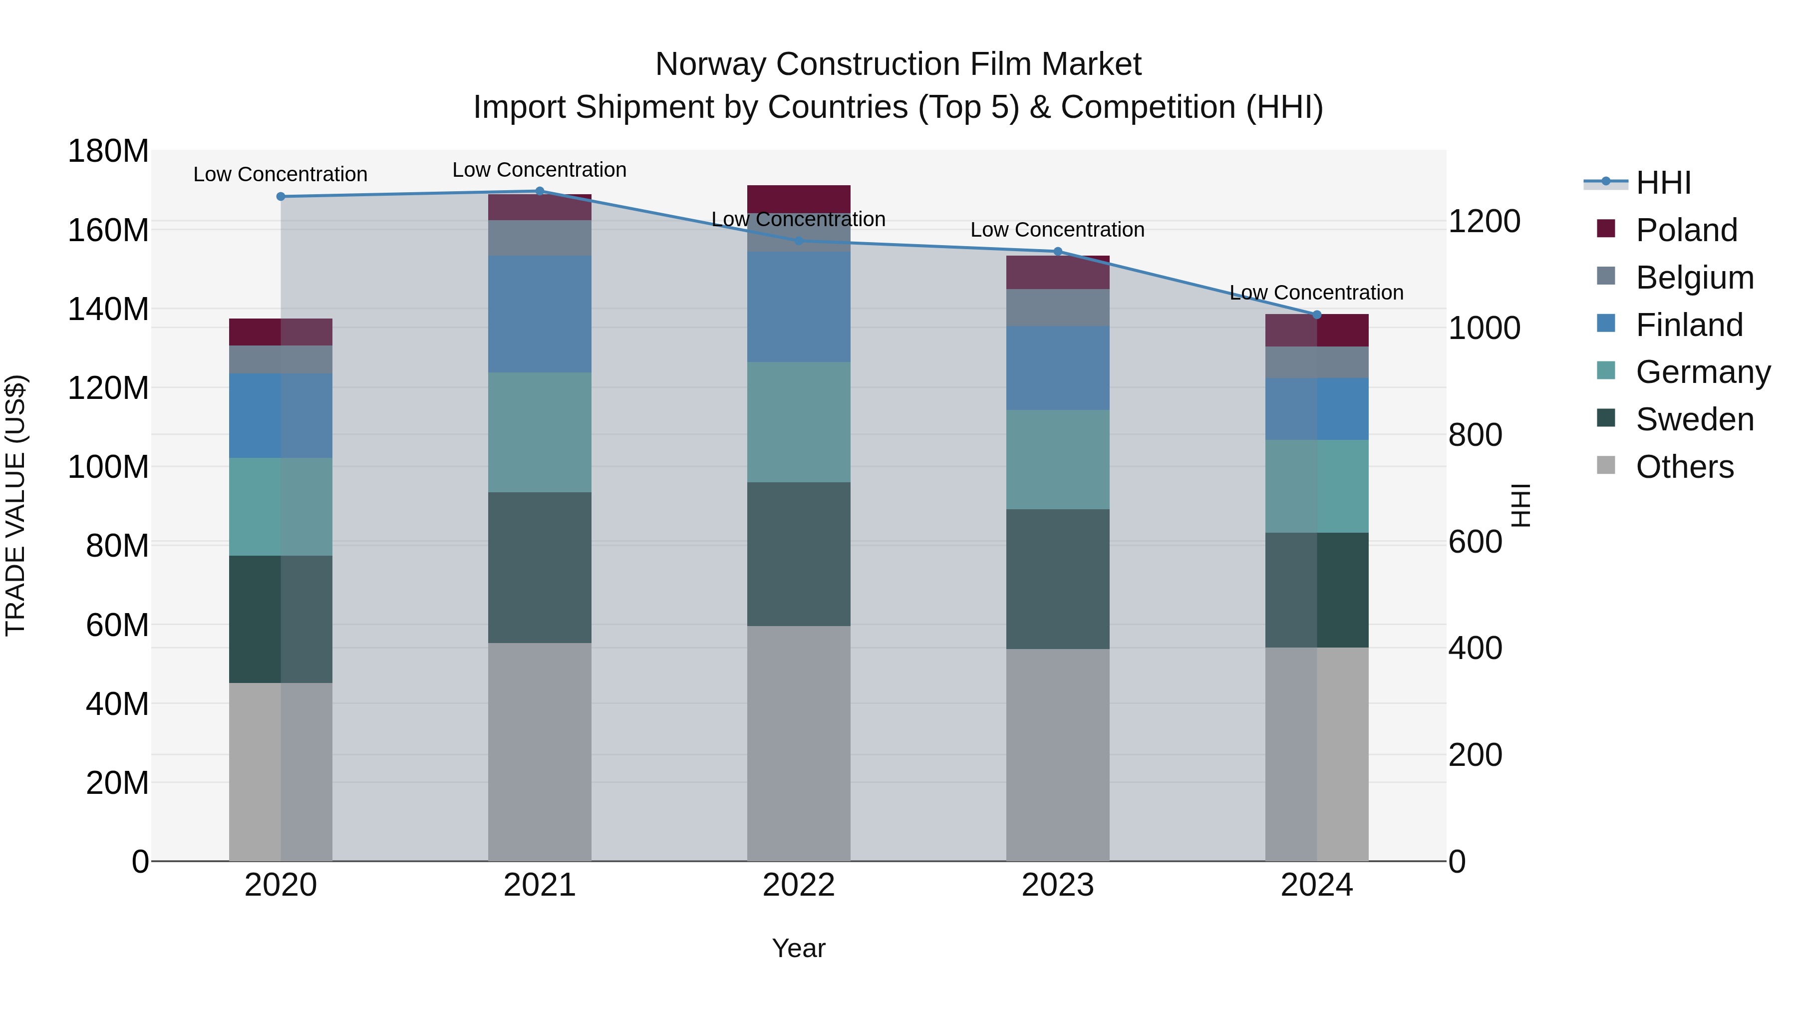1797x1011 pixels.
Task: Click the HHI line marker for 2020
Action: pos(281,197)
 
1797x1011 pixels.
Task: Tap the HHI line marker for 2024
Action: pos(1316,315)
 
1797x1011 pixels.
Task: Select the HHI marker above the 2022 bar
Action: pos(799,241)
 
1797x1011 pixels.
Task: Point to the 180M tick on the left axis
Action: pos(108,151)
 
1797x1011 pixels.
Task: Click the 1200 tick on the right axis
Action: pos(1484,221)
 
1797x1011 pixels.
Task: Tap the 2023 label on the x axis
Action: pos(1058,885)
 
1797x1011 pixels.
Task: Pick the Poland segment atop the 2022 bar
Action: pos(799,199)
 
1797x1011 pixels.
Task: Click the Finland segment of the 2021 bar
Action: pos(539,314)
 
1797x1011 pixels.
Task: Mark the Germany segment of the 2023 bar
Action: pos(1058,459)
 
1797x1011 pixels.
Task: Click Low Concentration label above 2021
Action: pos(539,170)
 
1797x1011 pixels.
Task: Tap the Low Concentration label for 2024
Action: pos(1316,293)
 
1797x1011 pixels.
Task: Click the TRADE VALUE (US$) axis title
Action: pos(15,505)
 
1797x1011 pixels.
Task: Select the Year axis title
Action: pos(799,948)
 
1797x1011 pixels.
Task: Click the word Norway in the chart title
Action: pos(711,64)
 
